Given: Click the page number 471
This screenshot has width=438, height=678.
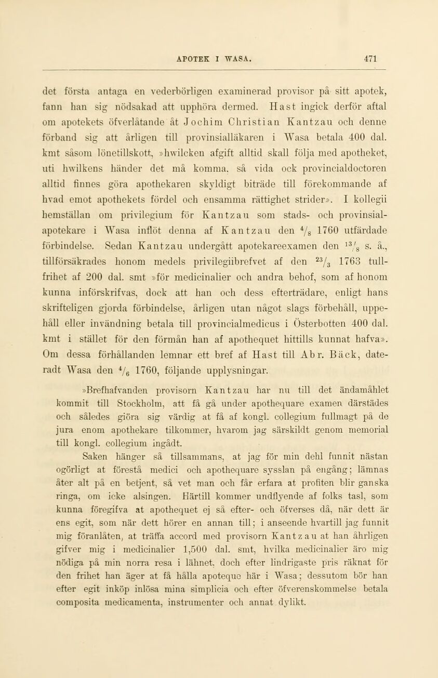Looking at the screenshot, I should coord(384,58).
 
